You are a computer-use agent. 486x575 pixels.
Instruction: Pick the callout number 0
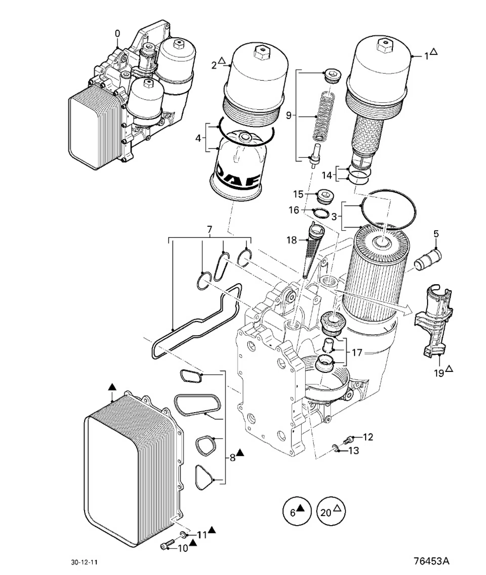point(118,34)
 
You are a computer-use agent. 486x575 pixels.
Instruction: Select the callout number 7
point(210,229)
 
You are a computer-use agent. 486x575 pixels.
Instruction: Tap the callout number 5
point(436,234)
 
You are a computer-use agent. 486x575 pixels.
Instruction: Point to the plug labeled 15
point(326,197)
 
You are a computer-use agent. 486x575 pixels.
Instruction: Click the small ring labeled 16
point(321,213)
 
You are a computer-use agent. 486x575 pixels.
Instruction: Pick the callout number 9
point(289,115)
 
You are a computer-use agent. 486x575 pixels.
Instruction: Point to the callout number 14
point(327,175)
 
